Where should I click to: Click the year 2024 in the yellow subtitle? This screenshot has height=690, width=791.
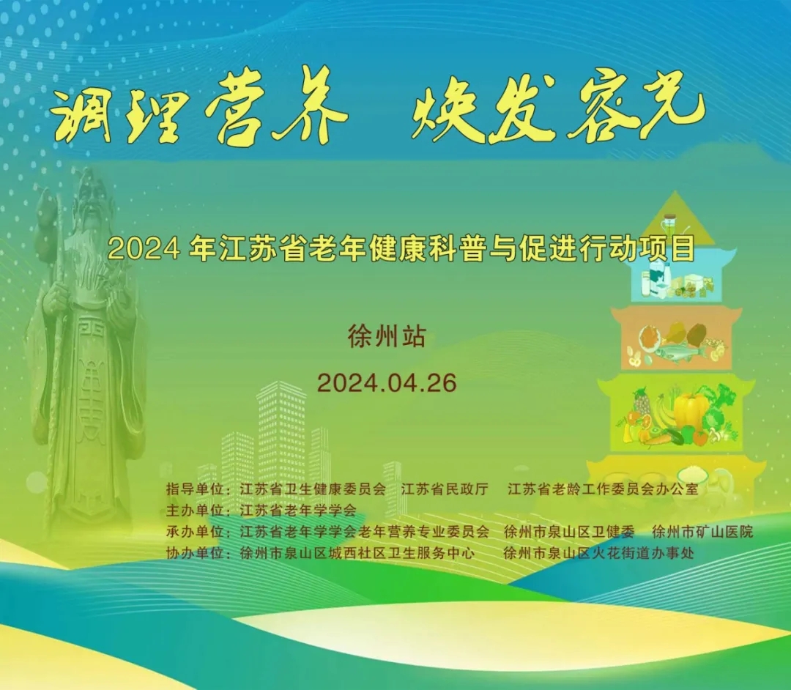pyautogui.click(x=144, y=248)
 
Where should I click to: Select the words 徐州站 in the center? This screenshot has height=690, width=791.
pyautogui.click(x=387, y=336)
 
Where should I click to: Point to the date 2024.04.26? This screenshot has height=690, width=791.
pyautogui.click(x=387, y=383)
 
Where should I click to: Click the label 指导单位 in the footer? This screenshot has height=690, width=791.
pyautogui.click(x=195, y=489)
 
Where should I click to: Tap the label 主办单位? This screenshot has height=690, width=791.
pyautogui.click(x=195, y=510)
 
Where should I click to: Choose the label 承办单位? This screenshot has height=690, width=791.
pyautogui.click(x=195, y=531)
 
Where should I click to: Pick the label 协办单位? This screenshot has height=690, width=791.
pyautogui.click(x=195, y=553)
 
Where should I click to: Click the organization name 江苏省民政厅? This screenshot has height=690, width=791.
pyautogui.click(x=445, y=489)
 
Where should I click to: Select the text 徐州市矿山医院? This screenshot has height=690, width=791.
pyautogui.click(x=702, y=531)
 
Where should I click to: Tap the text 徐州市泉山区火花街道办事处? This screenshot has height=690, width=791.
pyautogui.click(x=598, y=553)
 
